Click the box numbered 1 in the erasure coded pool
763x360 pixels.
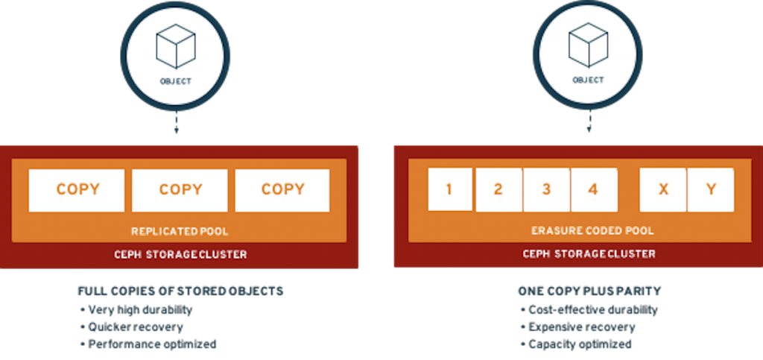(449, 189)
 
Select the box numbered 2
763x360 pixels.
(498, 189)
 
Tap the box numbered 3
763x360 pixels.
(546, 189)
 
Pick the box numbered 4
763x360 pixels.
(593, 189)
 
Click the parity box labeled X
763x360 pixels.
(663, 189)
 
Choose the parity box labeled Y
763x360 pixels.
(711, 189)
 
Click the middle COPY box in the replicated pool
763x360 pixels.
(180, 190)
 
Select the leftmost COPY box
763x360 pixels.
(77, 190)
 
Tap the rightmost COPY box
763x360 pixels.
(282, 190)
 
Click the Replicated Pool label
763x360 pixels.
(180, 230)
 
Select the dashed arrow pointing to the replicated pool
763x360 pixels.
(176, 123)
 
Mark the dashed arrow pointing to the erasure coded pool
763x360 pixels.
(588, 123)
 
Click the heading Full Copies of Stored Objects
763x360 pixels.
(180, 291)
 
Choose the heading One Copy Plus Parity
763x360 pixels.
(578, 291)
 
